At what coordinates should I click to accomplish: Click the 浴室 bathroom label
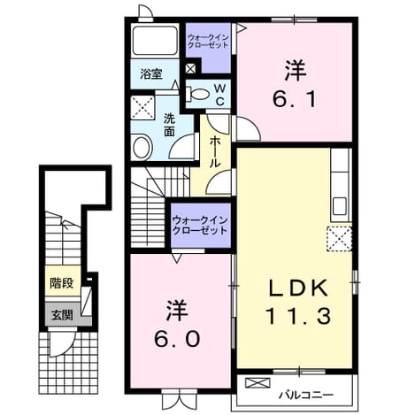[151, 74]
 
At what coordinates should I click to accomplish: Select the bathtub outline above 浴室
[155, 40]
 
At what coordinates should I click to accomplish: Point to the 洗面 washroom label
[169, 126]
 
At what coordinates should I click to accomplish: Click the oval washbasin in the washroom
[142, 147]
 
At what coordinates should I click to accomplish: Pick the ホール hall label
[215, 152]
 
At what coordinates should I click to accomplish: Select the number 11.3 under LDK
[298, 315]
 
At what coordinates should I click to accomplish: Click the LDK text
[298, 288]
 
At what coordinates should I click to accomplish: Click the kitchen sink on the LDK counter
[340, 206]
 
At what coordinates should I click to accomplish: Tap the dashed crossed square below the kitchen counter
[339, 239]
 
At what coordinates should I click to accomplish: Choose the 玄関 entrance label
[62, 315]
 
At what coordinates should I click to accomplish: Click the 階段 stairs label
[61, 283]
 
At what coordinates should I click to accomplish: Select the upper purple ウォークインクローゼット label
[208, 42]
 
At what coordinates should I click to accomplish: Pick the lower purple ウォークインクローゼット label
[200, 226]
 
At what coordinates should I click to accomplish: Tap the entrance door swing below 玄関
[61, 343]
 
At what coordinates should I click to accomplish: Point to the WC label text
[219, 95]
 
